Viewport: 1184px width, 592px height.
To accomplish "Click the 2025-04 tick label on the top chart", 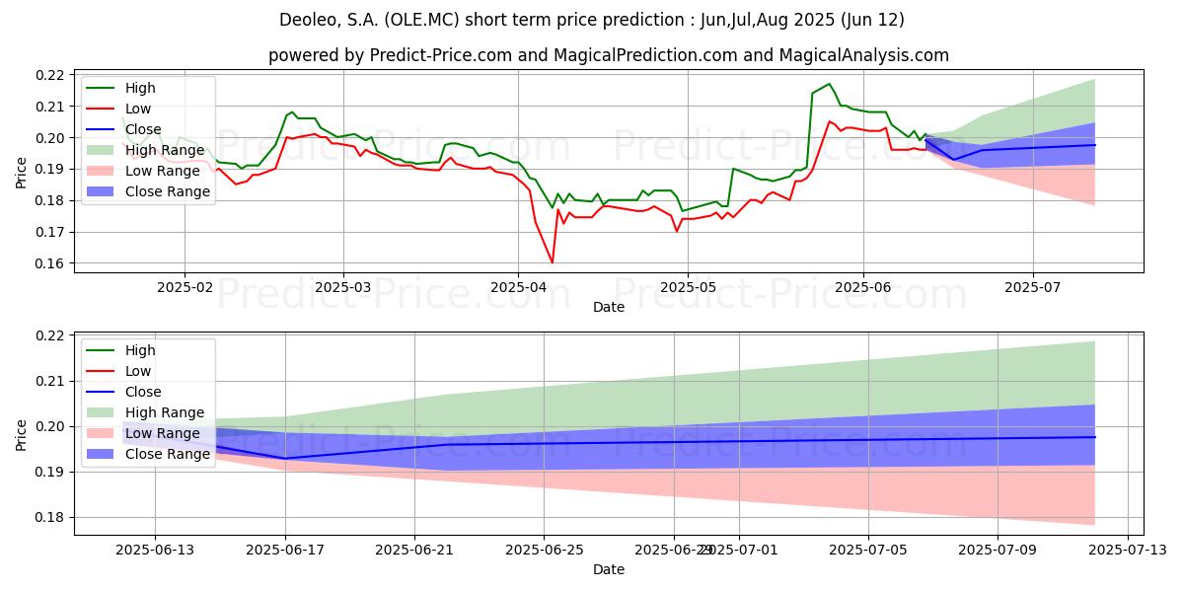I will (x=518, y=286).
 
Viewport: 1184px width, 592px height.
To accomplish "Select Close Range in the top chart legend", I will (x=168, y=191).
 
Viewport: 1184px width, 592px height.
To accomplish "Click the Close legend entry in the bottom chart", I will (x=144, y=392).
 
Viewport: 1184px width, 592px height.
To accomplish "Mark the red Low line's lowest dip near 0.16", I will (x=552, y=262).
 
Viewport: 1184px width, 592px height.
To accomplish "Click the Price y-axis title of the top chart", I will (x=21, y=170).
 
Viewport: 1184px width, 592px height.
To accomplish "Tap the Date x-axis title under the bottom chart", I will (x=608, y=569).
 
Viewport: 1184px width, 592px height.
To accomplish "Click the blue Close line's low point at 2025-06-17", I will (x=285, y=458).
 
